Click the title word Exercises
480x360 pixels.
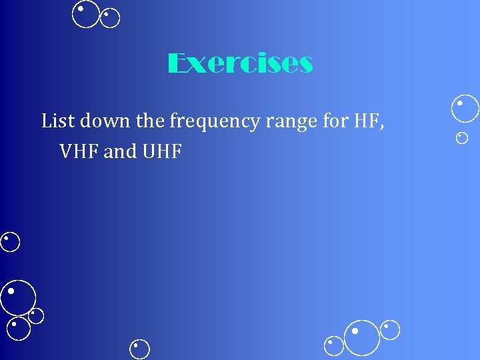(240, 64)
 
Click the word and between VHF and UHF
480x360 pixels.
(121, 151)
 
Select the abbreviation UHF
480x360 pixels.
(162, 151)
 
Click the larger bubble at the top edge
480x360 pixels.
(87, 14)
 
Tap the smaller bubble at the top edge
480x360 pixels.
(110, 19)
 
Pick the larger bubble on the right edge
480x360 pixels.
(465, 109)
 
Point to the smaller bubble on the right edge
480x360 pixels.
(462, 138)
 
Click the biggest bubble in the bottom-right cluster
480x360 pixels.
(361, 337)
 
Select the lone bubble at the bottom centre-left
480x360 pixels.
(140, 349)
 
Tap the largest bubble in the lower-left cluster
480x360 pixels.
(18, 297)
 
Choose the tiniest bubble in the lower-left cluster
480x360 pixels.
(36, 315)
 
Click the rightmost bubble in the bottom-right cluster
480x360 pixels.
(390, 330)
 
